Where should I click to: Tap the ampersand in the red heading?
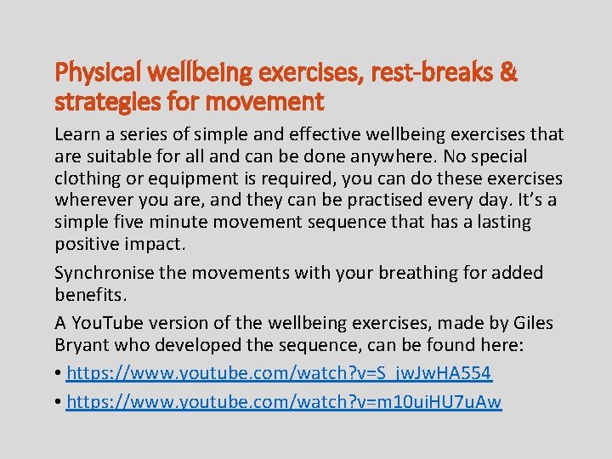508,74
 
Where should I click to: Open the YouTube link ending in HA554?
279,373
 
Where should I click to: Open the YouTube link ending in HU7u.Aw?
284,401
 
